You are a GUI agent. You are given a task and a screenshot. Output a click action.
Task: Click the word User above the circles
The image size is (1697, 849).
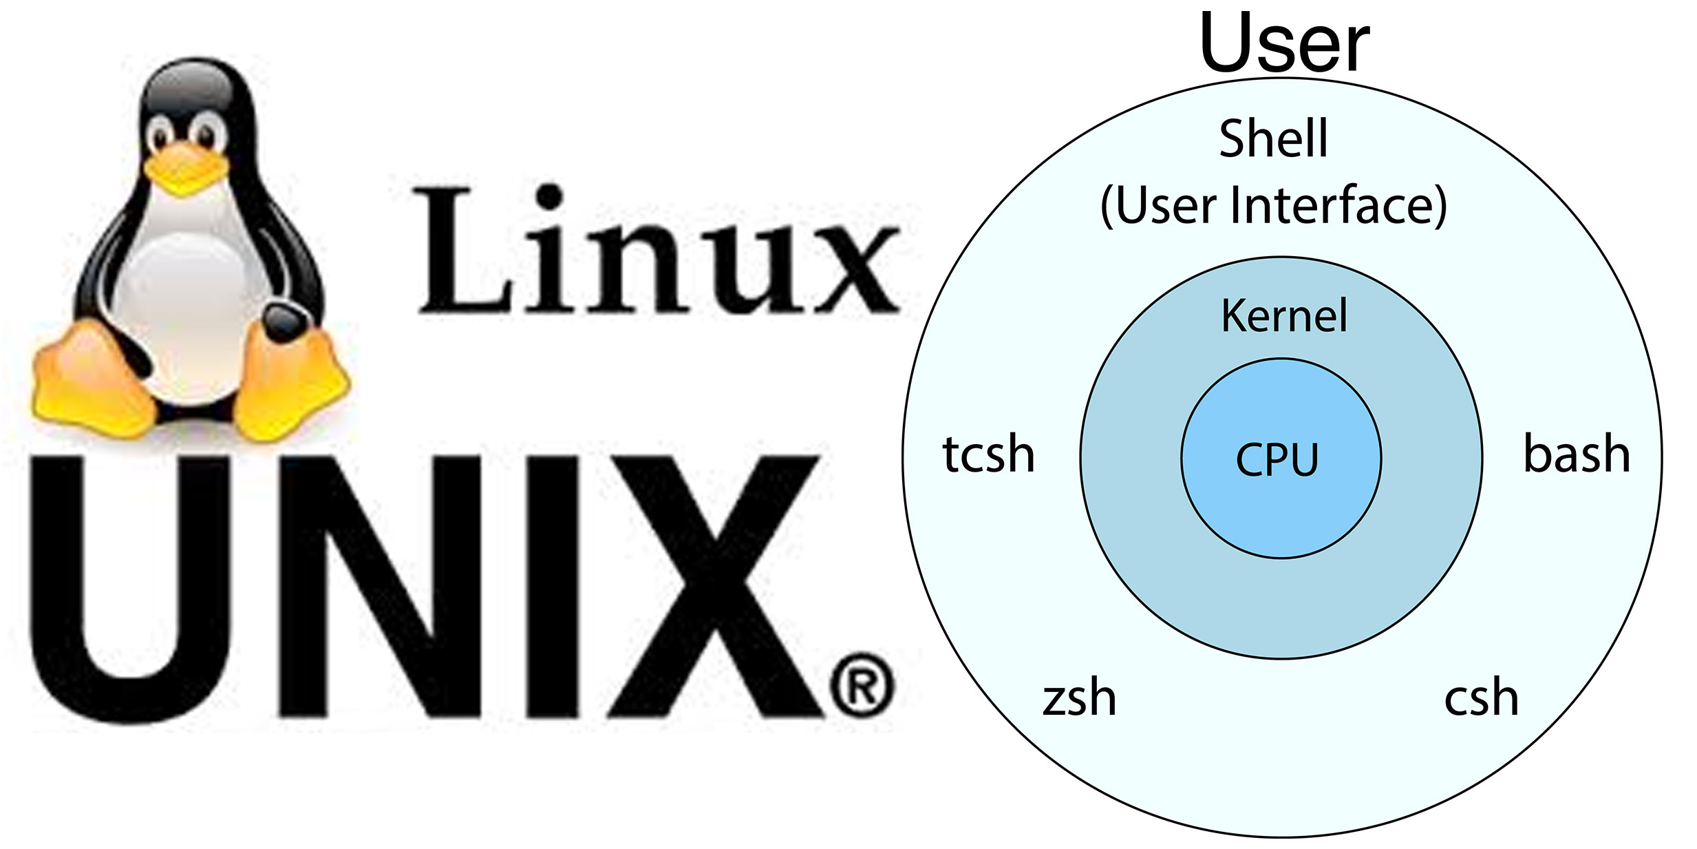[x=1284, y=43]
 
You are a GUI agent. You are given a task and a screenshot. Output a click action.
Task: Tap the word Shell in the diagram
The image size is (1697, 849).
[x=1273, y=138]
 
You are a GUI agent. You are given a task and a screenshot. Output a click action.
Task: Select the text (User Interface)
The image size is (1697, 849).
[x=1274, y=205]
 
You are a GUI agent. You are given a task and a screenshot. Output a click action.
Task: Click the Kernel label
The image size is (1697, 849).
[x=1284, y=316]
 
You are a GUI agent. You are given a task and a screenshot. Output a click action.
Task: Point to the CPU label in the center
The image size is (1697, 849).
[x=1277, y=460]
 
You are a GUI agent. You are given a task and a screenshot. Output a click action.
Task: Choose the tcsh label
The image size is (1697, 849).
[x=988, y=454]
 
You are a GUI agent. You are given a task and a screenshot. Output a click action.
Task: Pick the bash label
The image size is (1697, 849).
[x=1577, y=454]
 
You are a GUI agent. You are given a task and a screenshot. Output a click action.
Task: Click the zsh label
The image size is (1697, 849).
[x=1079, y=698]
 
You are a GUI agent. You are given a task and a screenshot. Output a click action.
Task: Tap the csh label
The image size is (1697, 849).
[x=1481, y=698]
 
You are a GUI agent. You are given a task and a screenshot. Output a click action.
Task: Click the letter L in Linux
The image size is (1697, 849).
[x=461, y=251]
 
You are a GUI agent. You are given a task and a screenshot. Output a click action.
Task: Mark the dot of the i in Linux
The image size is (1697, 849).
[x=548, y=196]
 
